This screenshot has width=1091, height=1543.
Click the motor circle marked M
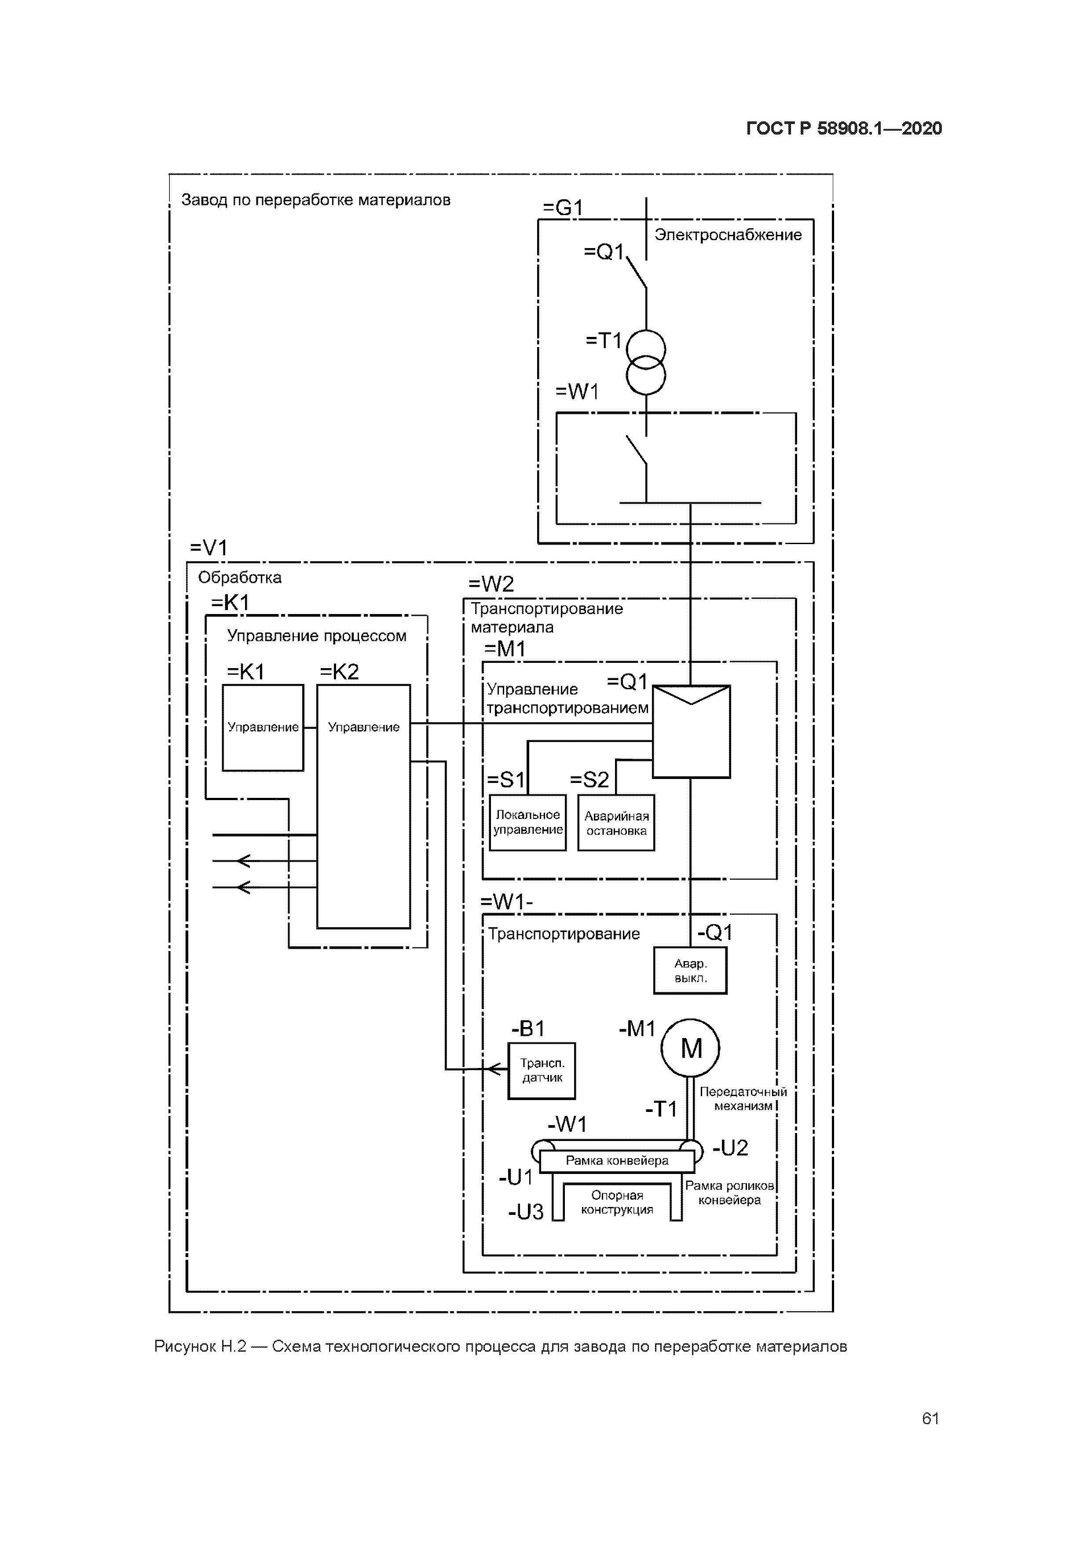(690, 1048)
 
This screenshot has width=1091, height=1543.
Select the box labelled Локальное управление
(528, 823)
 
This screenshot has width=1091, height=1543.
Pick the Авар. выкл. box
(690, 970)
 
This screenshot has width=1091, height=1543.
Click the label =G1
(563, 208)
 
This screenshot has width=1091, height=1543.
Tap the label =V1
(209, 548)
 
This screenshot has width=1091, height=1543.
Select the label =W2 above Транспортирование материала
(491, 583)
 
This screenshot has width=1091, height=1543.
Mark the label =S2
(589, 779)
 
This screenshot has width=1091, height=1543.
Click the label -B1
(528, 1028)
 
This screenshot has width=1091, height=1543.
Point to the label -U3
(526, 1212)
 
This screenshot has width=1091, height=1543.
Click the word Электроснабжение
(728, 234)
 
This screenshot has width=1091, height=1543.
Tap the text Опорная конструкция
(617, 1202)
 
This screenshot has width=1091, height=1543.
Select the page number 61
(930, 1419)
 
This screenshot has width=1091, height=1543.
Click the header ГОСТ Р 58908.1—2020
(844, 128)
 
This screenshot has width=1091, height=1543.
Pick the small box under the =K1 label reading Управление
(263, 727)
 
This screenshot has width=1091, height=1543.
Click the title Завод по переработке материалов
(316, 200)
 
